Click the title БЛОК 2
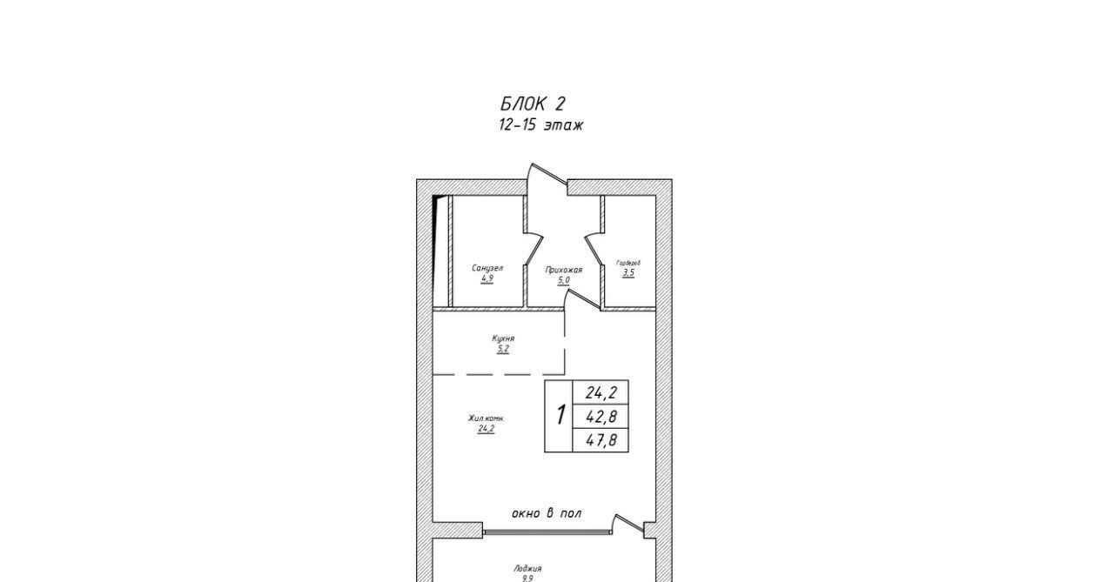533,104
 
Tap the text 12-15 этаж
540,125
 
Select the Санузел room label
487,268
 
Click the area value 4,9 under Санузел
487,279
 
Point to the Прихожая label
564,270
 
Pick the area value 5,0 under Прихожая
564,281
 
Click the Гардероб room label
628,262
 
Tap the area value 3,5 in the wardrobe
628,273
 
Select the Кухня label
503,338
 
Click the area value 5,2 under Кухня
503,350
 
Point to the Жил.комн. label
486,418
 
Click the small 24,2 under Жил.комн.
486,429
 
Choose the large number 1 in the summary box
560,416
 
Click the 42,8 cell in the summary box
601,417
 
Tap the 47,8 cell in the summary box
601,440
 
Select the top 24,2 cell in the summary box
601,393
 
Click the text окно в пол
547,513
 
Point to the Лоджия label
527,568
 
